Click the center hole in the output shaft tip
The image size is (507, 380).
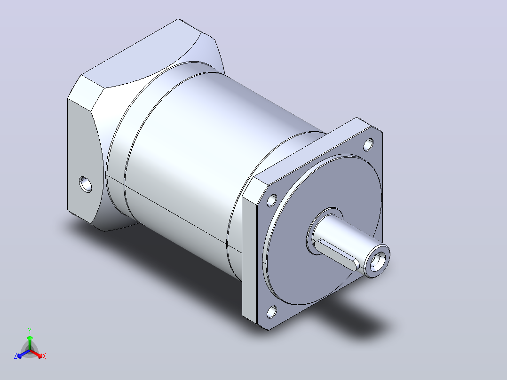tap(377, 261)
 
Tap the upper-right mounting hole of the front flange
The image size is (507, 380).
tap(368, 144)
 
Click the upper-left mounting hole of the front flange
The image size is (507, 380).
tap(272, 200)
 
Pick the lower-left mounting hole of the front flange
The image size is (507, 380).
tap(272, 312)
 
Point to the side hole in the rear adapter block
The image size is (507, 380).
tap(86, 184)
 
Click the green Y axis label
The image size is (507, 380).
tap(30, 331)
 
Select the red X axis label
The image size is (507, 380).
tap(44, 356)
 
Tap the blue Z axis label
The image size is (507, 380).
tap(16, 356)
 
